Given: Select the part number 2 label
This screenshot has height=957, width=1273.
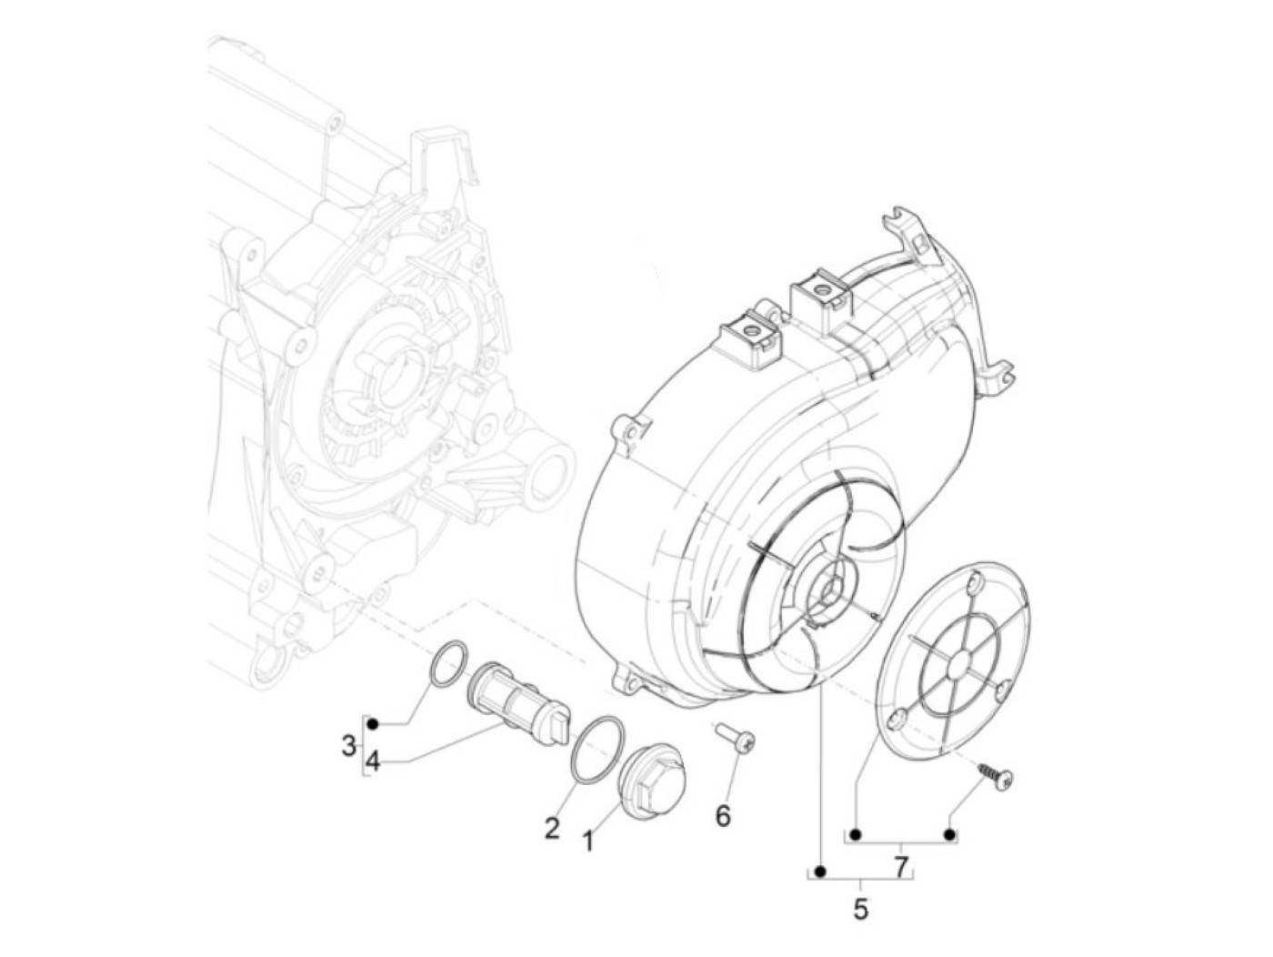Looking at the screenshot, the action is pyautogui.click(x=552, y=828).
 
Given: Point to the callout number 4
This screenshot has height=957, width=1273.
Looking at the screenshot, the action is pyautogui.click(x=374, y=760).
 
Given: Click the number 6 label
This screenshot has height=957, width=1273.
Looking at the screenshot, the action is pyautogui.click(x=723, y=816).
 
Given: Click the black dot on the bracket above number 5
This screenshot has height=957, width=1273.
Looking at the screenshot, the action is pyautogui.click(x=820, y=872).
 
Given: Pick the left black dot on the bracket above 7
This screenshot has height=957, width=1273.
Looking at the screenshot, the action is pyautogui.click(x=857, y=834).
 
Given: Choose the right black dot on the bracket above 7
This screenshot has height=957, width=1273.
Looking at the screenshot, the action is pyautogui.click(x=949, y=834).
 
